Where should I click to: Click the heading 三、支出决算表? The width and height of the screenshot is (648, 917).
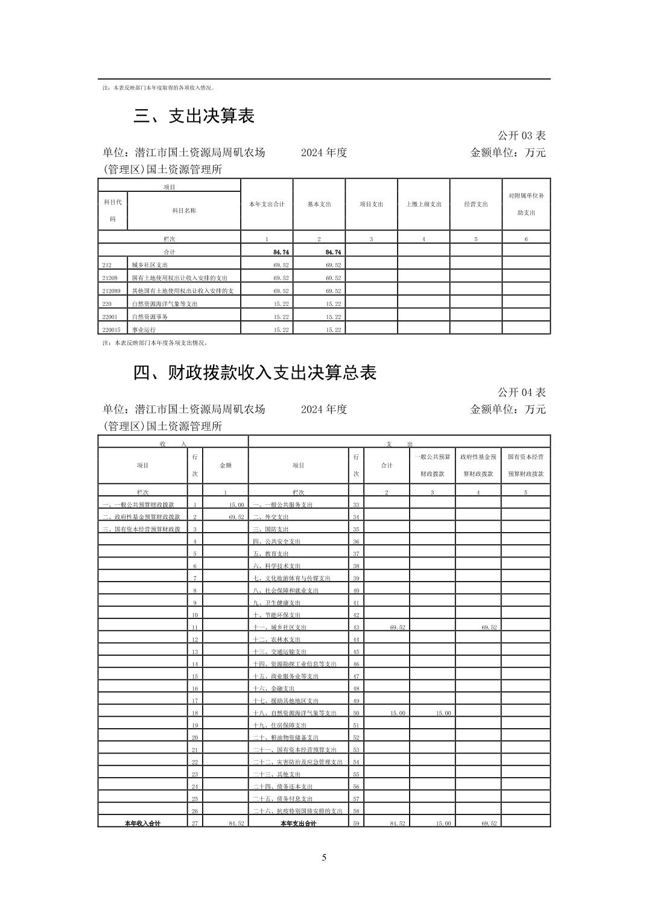pos(194,116)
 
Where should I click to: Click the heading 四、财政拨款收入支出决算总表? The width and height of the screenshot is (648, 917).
pos(255,373)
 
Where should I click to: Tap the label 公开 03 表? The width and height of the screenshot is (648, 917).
pos(521,136)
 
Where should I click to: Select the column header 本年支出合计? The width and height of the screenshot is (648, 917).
pos(267,205)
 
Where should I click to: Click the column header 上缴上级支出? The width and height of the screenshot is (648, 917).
pos(424,205)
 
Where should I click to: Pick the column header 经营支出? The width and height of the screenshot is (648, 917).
pos(475,205)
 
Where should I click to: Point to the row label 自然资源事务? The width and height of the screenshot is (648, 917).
pos(150,317)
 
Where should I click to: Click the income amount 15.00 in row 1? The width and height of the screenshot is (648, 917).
pos(236,505)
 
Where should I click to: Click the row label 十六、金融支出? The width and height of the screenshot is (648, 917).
pos(273,688)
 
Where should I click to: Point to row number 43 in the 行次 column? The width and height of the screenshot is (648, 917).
pos(356,627)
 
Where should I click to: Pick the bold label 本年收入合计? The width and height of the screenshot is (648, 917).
pos(142,823)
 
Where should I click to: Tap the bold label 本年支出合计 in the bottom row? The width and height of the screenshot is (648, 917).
pos(298,823)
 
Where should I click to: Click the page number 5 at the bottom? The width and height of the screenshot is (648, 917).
pos(324,858)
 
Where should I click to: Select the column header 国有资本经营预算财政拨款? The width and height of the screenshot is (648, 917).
pos(526,465)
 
